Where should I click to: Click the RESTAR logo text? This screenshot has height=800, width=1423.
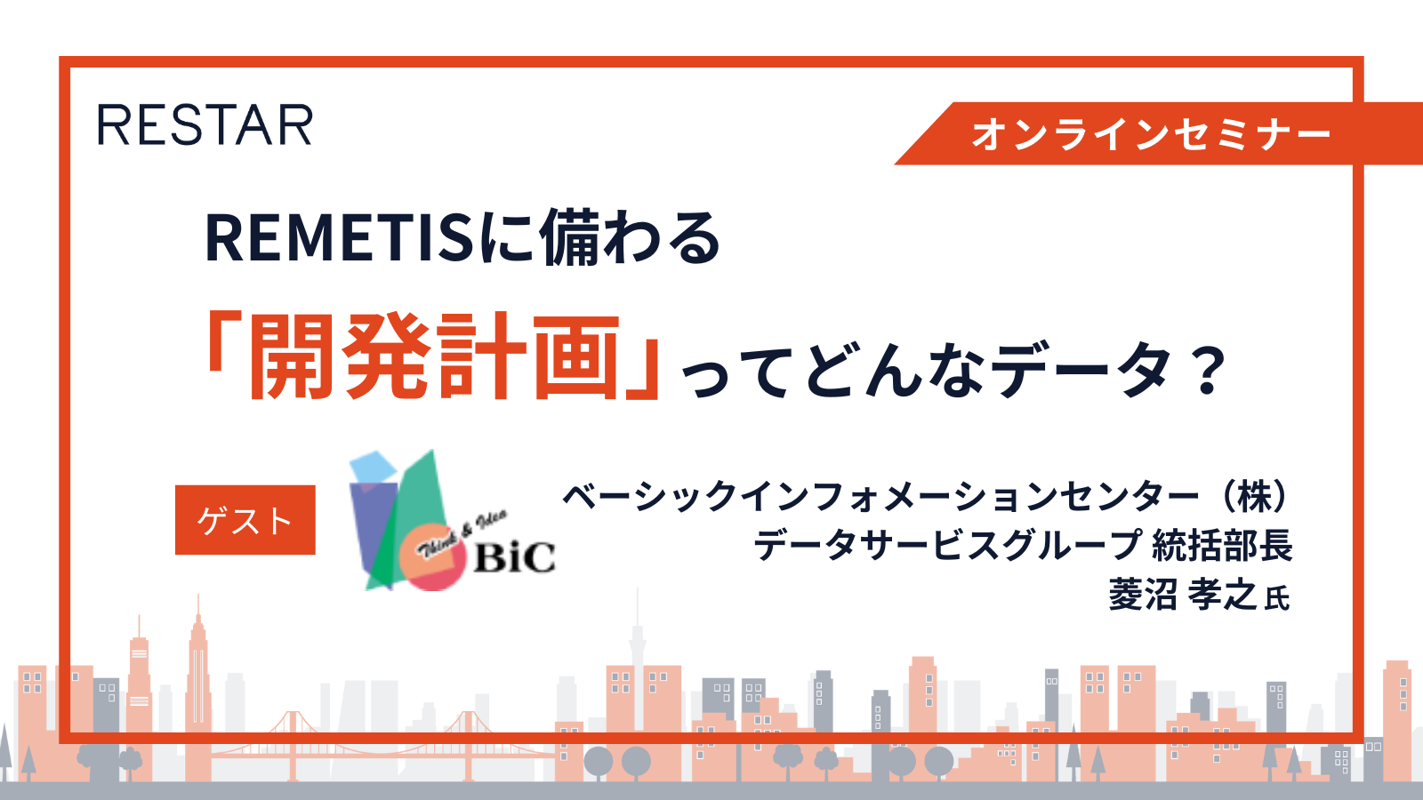(x=205, y=125)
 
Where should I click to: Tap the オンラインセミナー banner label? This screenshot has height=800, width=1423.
(x=1151, y=134)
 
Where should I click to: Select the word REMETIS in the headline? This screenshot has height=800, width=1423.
(x=339, y=238)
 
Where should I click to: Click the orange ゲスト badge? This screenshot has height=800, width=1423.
(x=245, y=520)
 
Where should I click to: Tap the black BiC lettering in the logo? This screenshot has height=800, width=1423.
(x=515, y=557)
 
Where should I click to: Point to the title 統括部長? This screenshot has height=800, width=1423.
(x=1222, y=546)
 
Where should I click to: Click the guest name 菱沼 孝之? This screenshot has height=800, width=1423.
(x=1183, y=595)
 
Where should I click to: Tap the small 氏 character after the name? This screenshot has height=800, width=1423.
(x=1277, y=599)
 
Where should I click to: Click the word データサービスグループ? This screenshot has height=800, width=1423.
(x=947, y=546)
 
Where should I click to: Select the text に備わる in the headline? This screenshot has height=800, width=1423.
(x=600, y=238)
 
